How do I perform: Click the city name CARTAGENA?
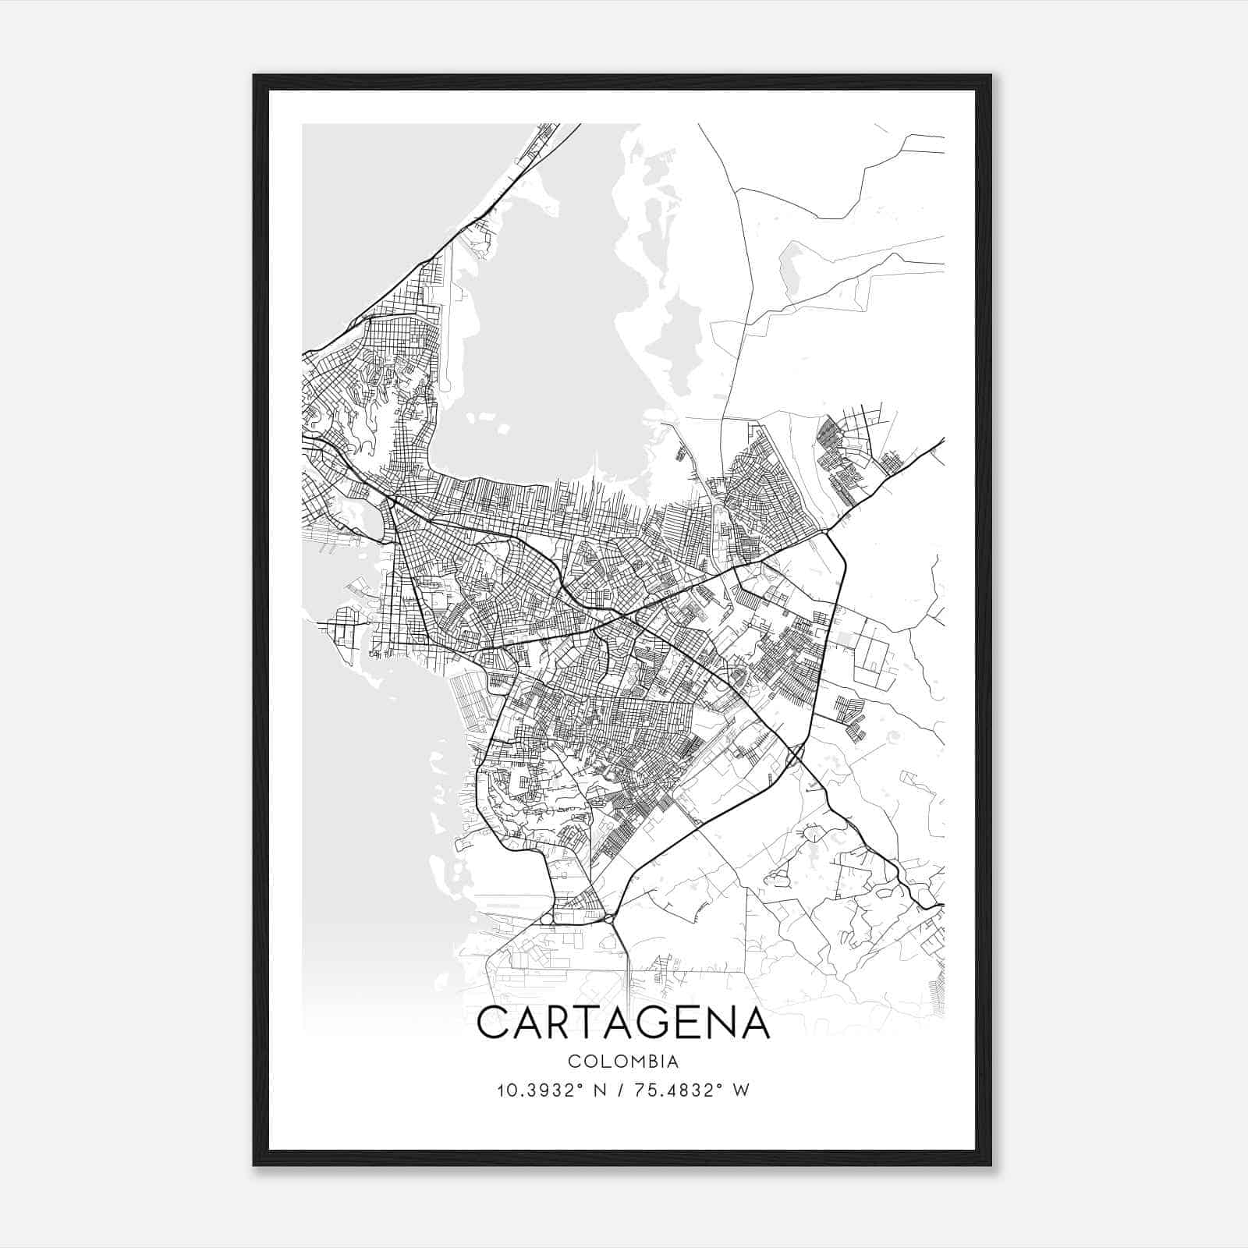click(622, 1023)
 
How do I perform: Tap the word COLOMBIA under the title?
click(622, 1062)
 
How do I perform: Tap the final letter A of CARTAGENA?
click(753, 1023)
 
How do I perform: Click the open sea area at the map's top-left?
click(367, 203)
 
